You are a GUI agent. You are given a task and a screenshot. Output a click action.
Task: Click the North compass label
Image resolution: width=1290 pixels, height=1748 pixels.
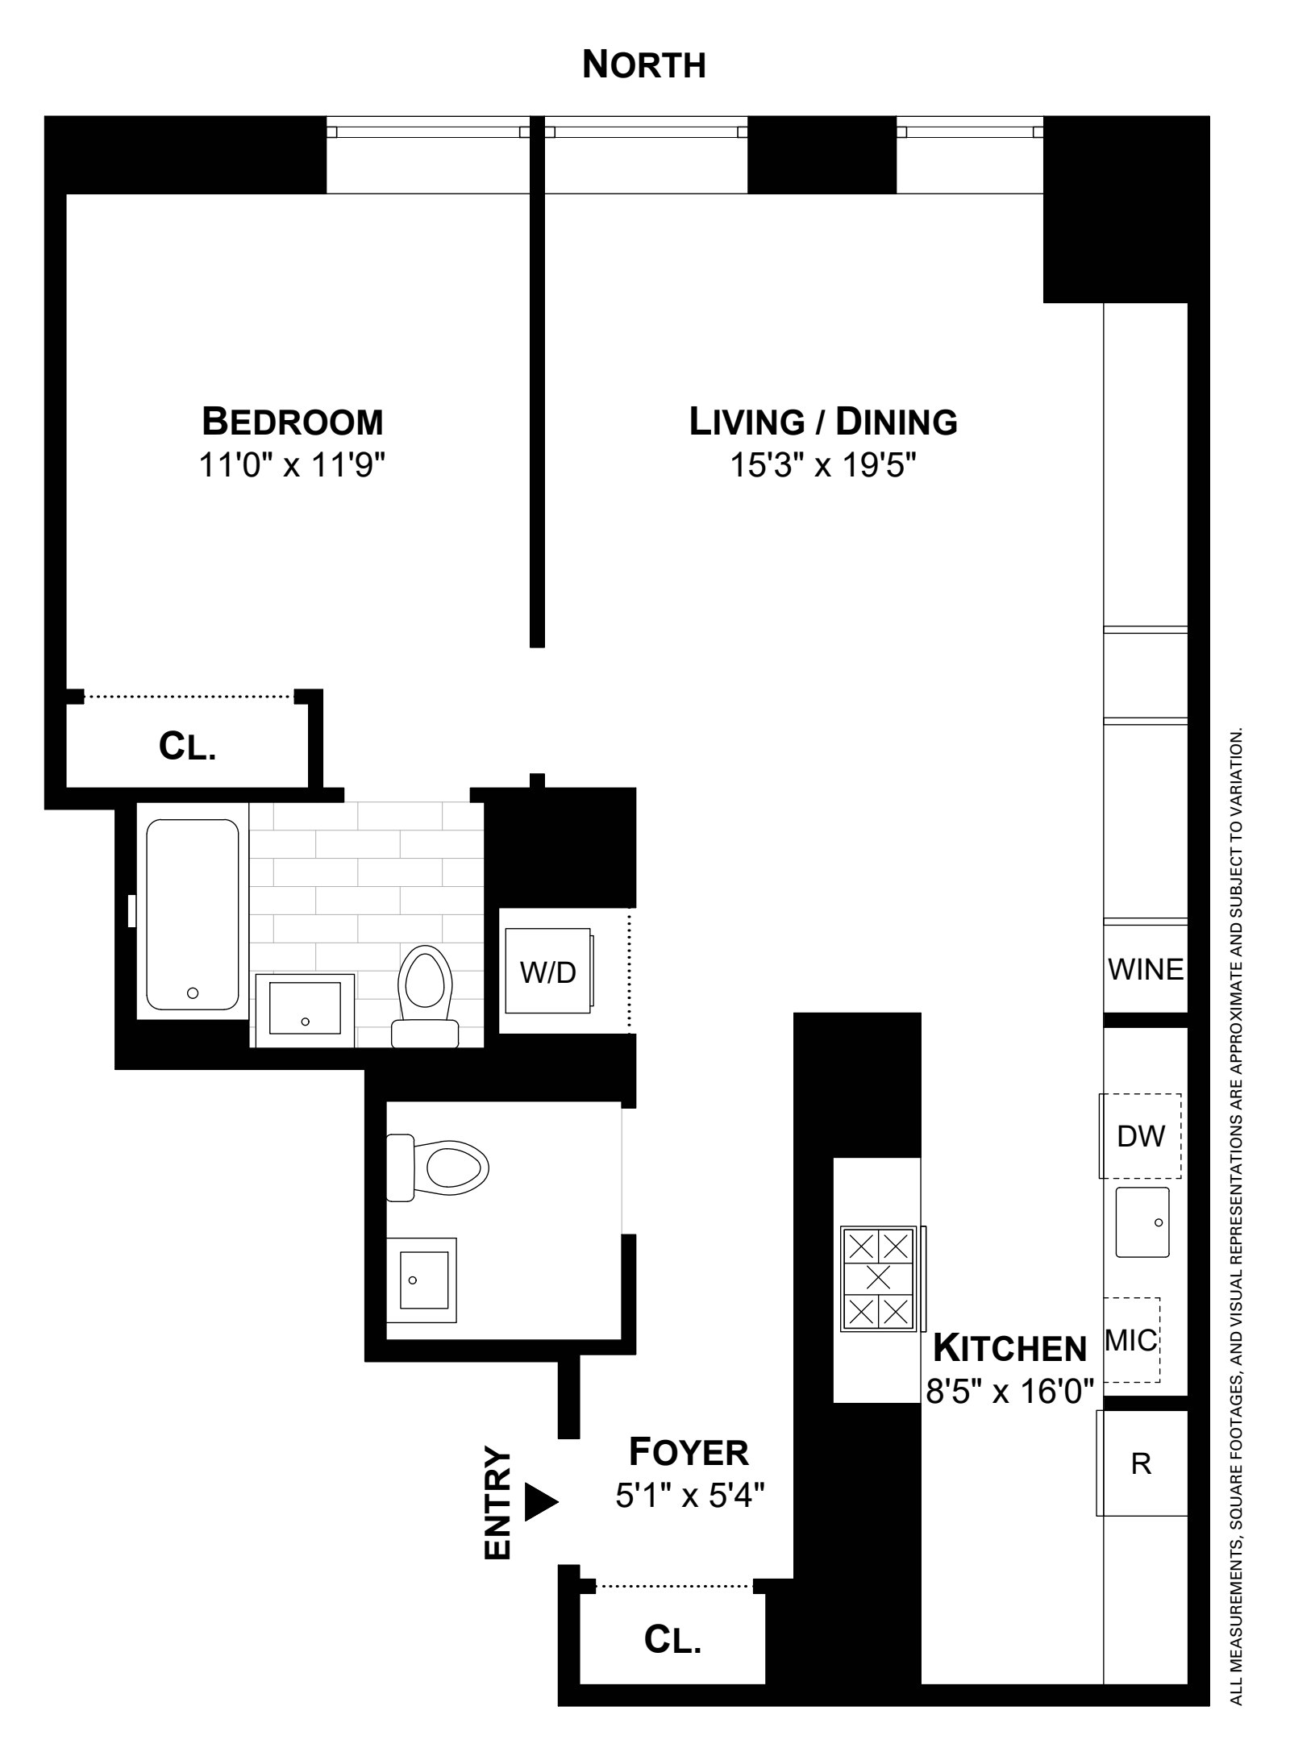pyautogui.click(x=643, y=65)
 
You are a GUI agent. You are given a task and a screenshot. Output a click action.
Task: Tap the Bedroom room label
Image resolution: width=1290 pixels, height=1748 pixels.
pyautogui.click(x=292, y=422)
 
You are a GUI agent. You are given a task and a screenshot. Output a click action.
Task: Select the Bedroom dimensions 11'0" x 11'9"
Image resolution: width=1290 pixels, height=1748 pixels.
pyautogui.click(x=292, y=466)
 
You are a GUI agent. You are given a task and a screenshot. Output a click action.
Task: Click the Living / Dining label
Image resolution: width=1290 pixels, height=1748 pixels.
pyautogui.click(x=823, y=422)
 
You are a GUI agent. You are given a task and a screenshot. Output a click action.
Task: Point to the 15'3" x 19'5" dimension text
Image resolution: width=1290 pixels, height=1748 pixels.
pyautogui.click(x=823, y=466)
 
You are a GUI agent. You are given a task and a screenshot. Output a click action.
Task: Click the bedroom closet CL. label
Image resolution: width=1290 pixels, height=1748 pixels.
pyautogui.click(x=187, y=747)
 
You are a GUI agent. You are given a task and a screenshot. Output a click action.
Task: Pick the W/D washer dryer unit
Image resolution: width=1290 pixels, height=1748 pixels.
pyautogui.click(x=548, y=972)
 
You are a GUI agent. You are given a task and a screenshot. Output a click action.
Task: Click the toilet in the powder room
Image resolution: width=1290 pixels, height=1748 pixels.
pyautogui.click(x=439, y=1167)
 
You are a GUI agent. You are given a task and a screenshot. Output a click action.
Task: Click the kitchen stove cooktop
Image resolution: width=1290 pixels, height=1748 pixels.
pyautogui.click(x=879, y=1278)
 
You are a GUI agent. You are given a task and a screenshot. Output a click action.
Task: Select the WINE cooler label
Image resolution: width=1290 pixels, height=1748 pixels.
pyautogui.click(x=1146, y=968)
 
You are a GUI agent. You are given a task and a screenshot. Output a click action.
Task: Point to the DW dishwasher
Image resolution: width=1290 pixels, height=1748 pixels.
pyautogui.click(x=1141, y=1136)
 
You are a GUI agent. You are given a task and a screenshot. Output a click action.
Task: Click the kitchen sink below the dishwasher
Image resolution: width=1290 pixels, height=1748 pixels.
pyautogui.click(x=1142, y=1222)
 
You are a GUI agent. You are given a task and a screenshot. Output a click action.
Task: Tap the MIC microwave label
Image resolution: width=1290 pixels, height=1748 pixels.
pyautogui.click(x=1131, y=1341)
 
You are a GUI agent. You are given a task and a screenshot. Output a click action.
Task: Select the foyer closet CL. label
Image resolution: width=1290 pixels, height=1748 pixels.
pyautogui.click(x=672, y=1640)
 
